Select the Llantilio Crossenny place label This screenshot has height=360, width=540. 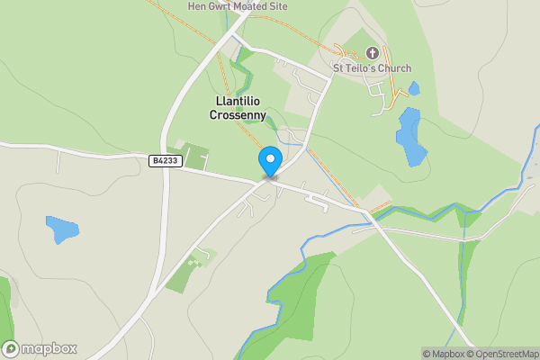[x=238, y=108]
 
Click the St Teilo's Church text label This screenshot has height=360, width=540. [x=372, y=68]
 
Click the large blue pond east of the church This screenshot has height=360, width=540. [x=410, y=135]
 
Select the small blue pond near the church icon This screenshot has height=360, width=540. [x=413, y=88]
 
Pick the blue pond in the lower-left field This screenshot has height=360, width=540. [x=62, y=229]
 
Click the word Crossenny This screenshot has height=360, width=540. [x=238, y=115]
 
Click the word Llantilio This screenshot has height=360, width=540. [x=238, y=102]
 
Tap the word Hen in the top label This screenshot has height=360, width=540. [x=196, y=5]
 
